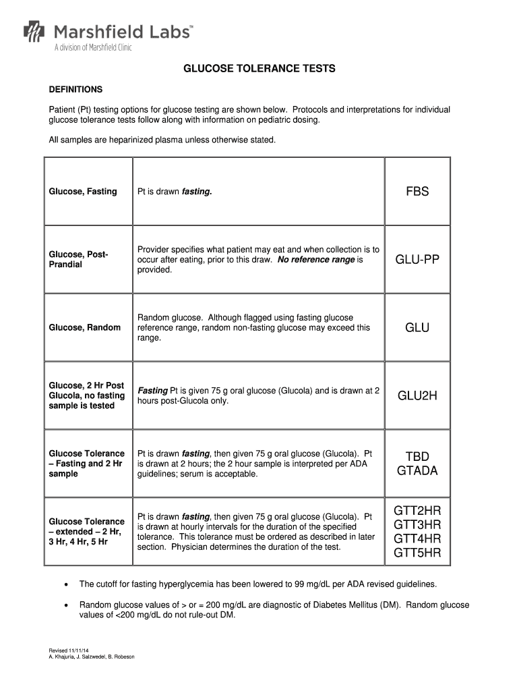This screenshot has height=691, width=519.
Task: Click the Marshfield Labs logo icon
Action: (x=34, y=32)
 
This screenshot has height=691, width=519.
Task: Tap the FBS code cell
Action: (x=417, y=192)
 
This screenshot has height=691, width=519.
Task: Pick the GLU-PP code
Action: (x=417, y=260)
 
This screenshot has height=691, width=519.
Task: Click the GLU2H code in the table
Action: (x=417, y=396)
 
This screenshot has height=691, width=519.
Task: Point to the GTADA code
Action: (x=417, y=471)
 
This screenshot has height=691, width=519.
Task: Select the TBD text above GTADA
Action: (x=417, y=457)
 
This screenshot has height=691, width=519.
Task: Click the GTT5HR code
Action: (x=417, y=554)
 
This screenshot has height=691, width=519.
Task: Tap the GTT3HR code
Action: (x=417, y=524)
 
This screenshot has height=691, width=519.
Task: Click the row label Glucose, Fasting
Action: (x=83, y=192)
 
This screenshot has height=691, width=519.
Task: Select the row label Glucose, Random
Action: (x=85, y=328)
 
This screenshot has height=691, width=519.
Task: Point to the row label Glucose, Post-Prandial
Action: (x=79, y=259)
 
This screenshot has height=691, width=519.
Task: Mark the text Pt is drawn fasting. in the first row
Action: (x=175, y=192)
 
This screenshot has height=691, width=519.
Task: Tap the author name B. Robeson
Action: (x=120, y=657)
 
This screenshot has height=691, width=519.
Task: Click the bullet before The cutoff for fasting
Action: (x=65, y=584)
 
